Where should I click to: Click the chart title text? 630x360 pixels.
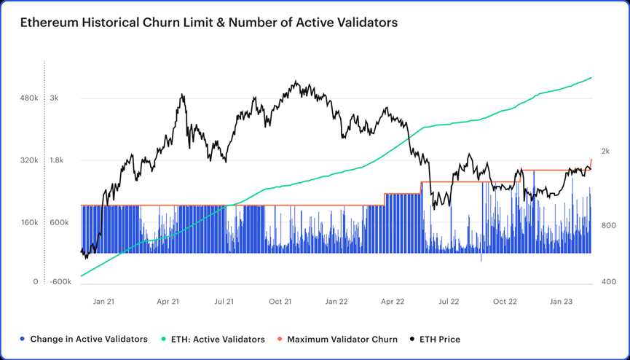pyautogui.click(x=209, y=23)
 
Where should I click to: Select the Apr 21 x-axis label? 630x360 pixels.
pyautogui.click(x=168, y=301)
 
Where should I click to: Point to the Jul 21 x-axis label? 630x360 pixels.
pyautogui.click(x=224, y=301)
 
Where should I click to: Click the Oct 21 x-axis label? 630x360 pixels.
pyautogui.click(x=280, y=301)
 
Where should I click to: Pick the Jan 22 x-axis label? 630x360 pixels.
pyautogui.click(x=336, y=301)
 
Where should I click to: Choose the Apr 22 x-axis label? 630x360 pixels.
pyautogui.click(x=393, y=301)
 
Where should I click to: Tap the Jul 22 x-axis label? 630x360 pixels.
pyautogui.click(x=449, y=301)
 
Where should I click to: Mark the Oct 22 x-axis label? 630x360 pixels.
pyautogui.click(x=505, y=301)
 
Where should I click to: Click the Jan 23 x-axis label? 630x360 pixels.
pyautogui.click(x=561, y=301)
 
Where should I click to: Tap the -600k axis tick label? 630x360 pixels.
pyautogui.click(x=60, y=282)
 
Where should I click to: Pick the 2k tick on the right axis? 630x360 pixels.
pyautogui.click(x=605, y=151)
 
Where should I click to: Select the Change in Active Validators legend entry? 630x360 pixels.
pyautogui.click(x=84, y=339)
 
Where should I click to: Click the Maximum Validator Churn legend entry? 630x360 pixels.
pyautogui.click(x=337, y=339)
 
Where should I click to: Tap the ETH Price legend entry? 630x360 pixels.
pyautogui.click(x=435, y=339)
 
